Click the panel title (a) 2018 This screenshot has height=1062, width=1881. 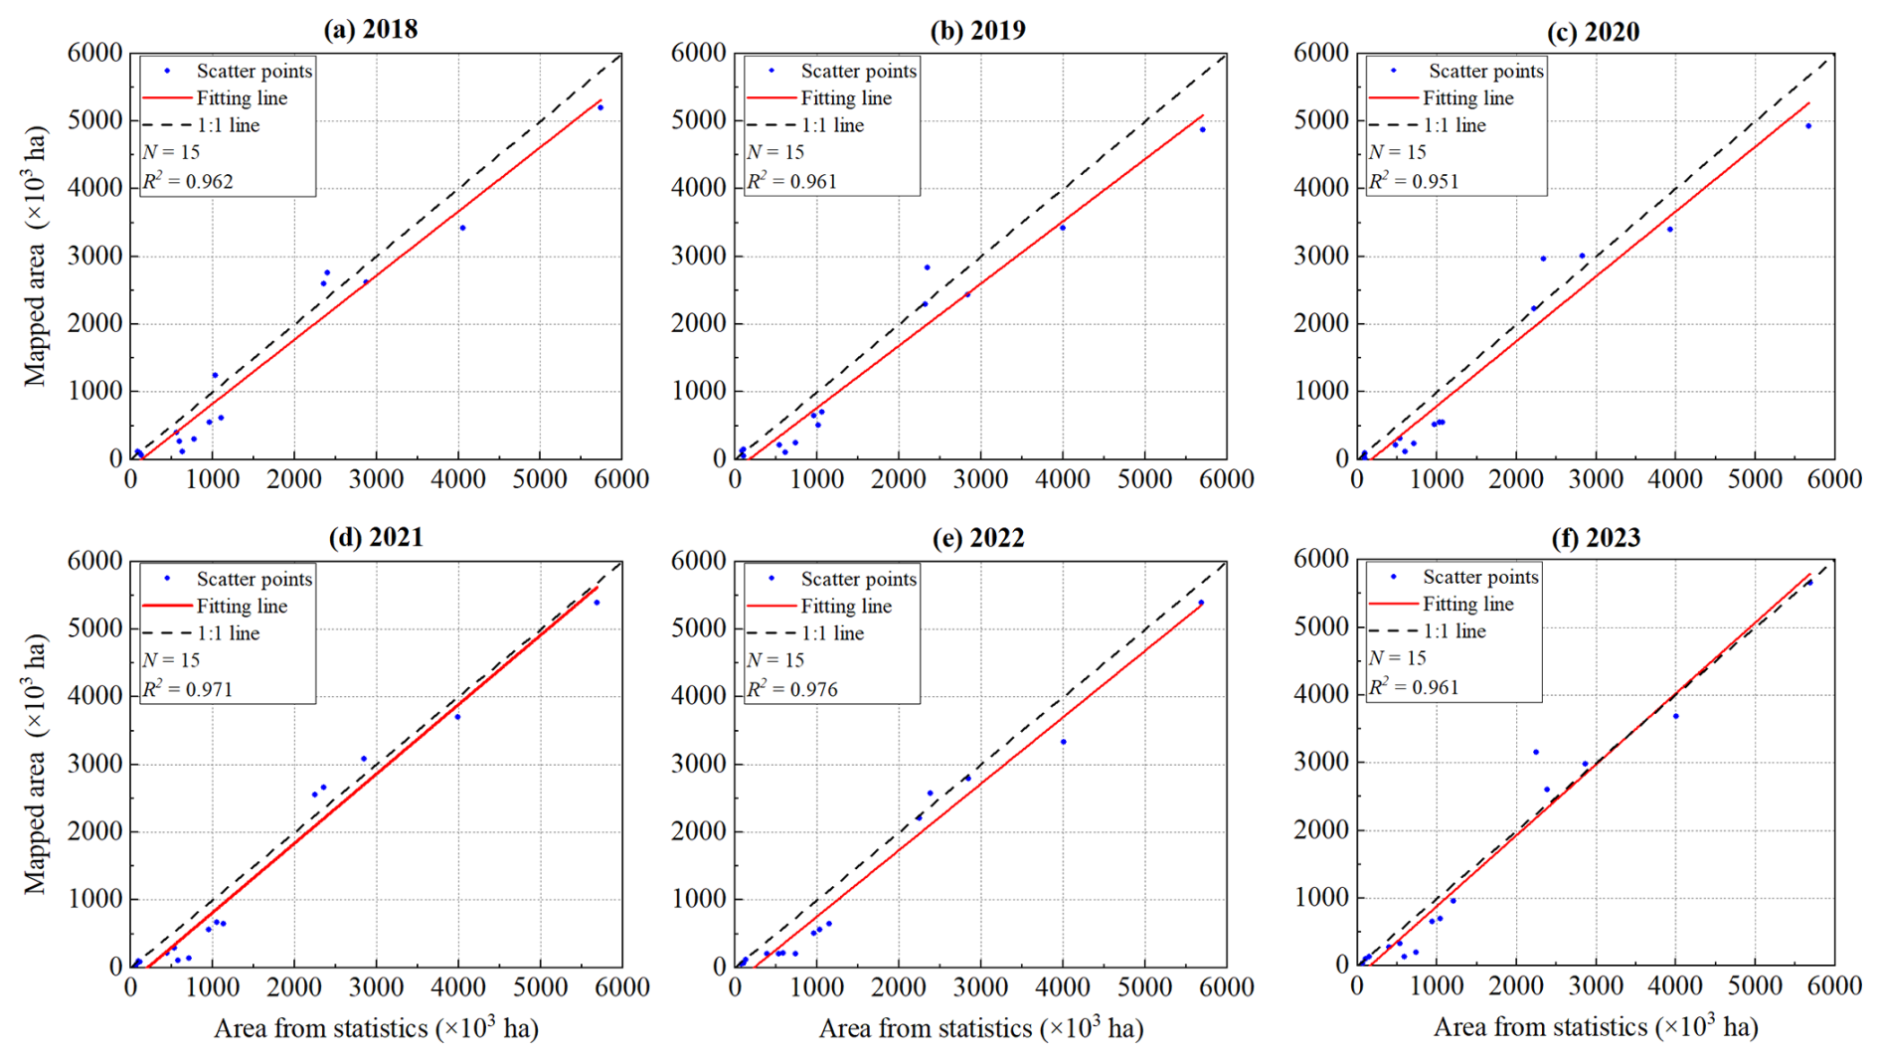coord(370,29)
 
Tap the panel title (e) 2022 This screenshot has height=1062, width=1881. coord(977,538)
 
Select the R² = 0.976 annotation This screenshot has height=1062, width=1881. coord(792,689)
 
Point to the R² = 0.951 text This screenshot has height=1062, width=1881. coord(1414,181)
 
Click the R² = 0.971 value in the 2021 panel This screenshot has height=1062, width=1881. coord(188,689)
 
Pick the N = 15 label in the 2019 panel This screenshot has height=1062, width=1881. coord(775,152)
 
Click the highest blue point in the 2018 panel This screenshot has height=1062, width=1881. coord(600,107)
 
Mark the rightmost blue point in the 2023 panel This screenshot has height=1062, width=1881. coord(1809,583)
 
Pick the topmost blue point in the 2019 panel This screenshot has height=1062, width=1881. coord(1202,129)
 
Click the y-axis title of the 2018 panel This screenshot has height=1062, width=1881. coord(36,256)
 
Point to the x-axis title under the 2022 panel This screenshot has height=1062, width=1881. coord(980,1028)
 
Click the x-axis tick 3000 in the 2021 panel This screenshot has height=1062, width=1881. coord(376,986)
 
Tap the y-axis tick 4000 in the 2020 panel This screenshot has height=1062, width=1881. coord(1321,188)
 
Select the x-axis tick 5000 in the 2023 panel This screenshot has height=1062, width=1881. coord(1755,984)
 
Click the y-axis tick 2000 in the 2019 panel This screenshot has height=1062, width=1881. coord(699,324)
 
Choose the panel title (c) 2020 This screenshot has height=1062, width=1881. coord(1593,32)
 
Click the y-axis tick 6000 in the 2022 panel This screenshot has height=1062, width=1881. coord(699,561)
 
